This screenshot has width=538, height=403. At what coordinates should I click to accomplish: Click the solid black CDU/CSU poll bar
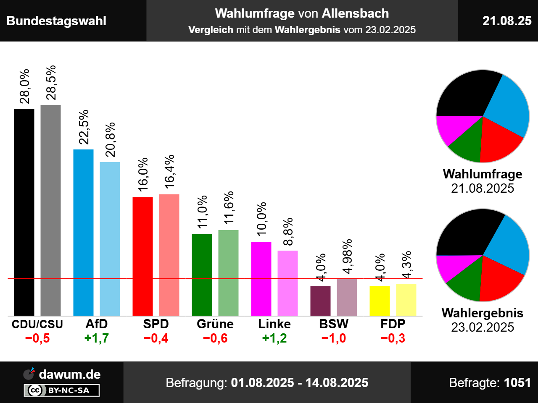tap(24, 212)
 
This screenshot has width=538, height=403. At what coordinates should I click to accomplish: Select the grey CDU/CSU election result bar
tap(50, 210)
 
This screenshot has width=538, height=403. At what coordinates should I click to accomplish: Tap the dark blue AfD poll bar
tap(83, 232)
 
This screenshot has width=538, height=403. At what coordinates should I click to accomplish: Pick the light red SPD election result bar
tap(169, 255)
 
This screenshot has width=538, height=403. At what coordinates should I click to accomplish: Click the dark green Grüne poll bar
tap(202, 275)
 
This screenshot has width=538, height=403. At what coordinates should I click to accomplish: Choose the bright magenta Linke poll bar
tap(261, 278)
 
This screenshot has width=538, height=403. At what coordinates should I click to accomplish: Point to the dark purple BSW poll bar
tap(320, 301)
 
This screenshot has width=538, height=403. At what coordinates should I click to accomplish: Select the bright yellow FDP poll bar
tap(380, 301)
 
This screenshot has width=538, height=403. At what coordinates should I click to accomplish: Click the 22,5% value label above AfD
tap(84, 127)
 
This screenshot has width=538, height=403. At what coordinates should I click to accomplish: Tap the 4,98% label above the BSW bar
tap(347, 256)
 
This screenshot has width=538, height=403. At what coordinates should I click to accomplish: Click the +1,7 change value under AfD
tap(97, 338)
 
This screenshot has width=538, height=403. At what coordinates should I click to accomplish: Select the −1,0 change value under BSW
tap(334, 338)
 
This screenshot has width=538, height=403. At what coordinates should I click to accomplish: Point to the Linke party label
tap(274, 324)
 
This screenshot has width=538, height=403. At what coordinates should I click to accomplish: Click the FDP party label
tap(393, 324)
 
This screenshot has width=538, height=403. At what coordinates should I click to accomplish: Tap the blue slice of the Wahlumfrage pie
tap(509, 107)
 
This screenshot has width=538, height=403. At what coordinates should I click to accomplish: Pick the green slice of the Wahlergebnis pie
tap(464, 279)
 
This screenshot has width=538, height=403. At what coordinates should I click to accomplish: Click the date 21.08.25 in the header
tap(507, 21)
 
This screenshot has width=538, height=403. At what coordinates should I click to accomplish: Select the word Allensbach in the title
tap(355, 13)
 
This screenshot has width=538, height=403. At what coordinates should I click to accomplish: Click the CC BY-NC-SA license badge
tap(61, 390)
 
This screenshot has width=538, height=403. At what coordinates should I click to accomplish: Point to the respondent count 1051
tap(517, 383)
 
